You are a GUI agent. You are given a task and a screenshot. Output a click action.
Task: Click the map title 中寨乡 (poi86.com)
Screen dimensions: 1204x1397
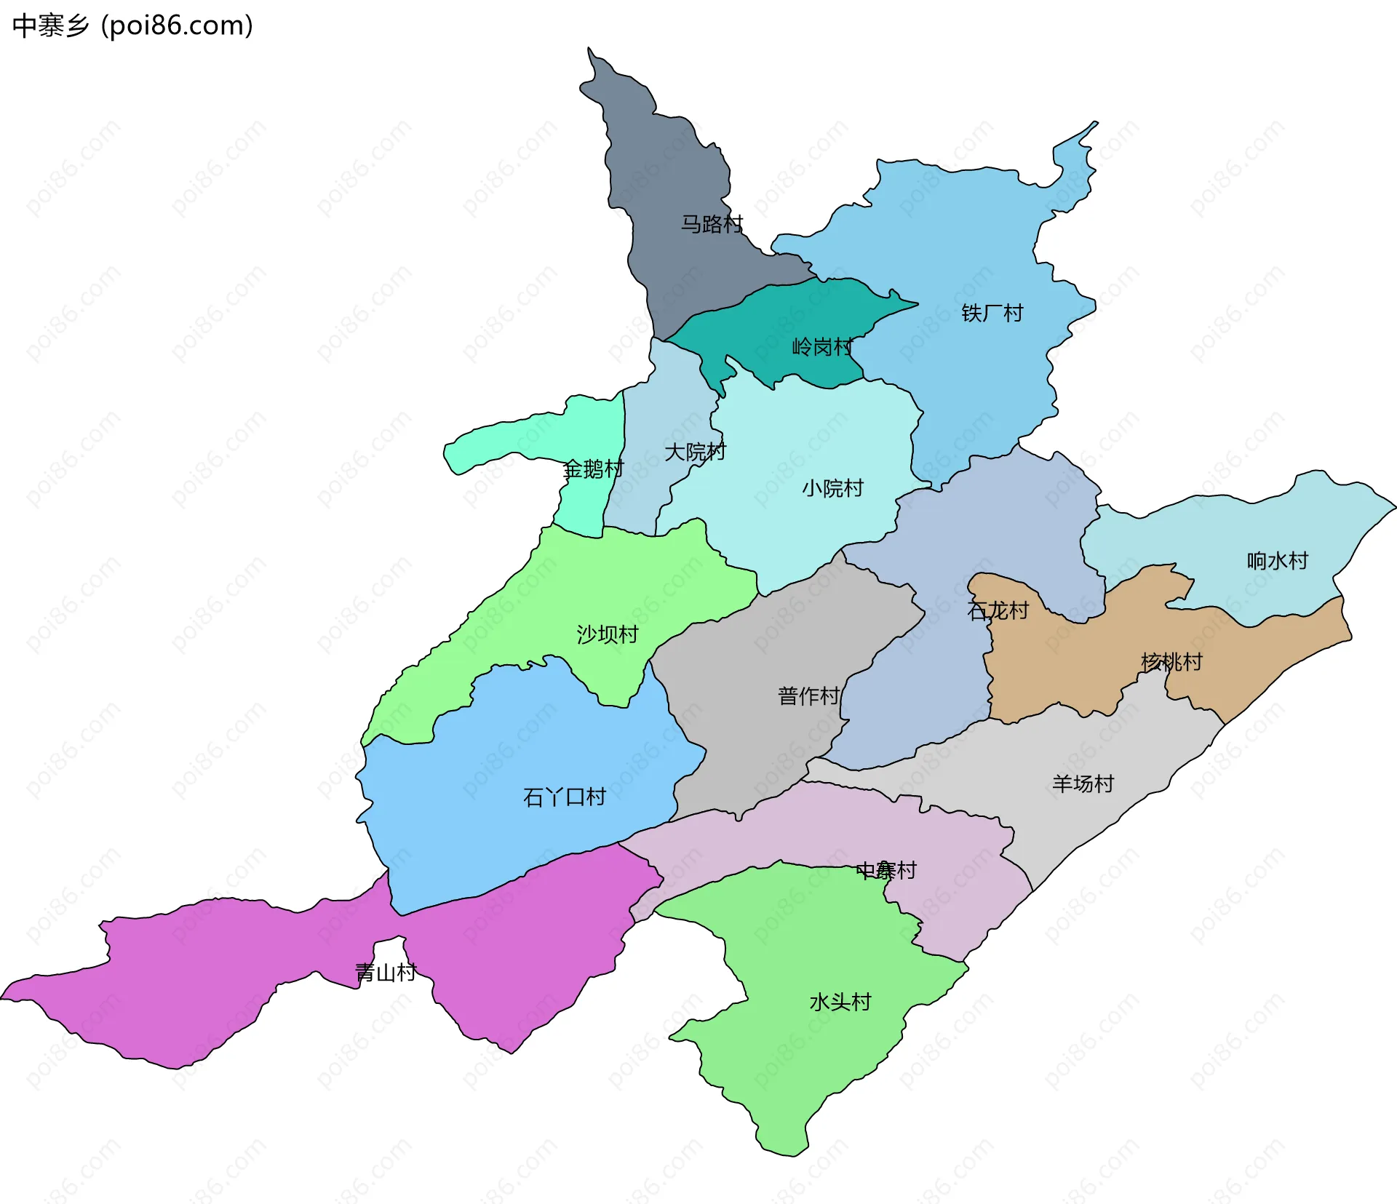coord(132,25)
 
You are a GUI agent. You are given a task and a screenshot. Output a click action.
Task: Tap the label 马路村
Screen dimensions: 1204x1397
coord(712,223)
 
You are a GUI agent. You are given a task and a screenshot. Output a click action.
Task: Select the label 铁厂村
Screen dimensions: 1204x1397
coord(992,313)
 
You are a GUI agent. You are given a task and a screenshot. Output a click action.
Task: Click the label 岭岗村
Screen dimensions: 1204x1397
coord(822,347)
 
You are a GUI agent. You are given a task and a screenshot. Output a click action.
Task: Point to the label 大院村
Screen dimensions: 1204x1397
coord(695,452)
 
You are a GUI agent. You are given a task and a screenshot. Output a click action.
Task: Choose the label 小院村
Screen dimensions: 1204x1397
coord(832,487)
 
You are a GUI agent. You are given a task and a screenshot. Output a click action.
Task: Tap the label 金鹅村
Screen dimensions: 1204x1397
coord(593,469)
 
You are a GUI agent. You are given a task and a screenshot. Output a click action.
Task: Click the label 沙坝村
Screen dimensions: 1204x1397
coord(607,634)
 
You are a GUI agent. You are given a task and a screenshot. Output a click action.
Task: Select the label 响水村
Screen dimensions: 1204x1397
coord(1277,560)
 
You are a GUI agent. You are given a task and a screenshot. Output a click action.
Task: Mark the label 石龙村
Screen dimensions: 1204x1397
coord(998,610)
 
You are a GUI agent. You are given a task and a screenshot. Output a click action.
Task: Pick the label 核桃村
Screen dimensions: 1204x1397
coord(1171,661)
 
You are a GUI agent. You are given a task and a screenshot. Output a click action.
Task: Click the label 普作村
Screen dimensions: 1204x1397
coord(808,695)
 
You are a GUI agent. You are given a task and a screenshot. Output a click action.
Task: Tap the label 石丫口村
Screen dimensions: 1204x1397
coord(564,797)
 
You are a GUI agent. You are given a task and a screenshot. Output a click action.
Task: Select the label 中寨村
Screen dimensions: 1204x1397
coord(885,869)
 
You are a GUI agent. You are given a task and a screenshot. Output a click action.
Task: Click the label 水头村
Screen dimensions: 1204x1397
coord(840,1002)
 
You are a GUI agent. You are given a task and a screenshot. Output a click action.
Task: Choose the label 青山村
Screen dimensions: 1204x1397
coord(386,972)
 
